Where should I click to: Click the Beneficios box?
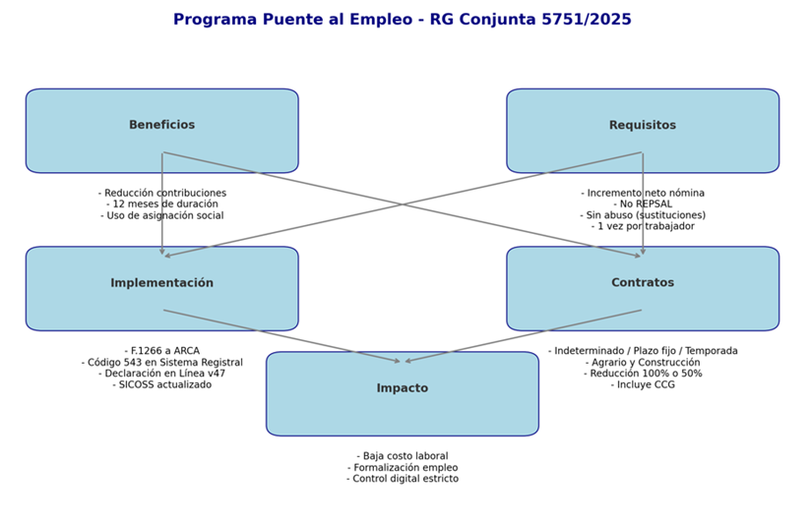(161, 126)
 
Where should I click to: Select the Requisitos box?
(642, 126)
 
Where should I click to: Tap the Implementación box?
(161, 283)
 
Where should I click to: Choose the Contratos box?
(642, 283)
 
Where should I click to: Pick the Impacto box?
(402, 389)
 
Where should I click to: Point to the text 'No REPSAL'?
(643, 204)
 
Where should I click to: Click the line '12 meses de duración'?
(162, 204)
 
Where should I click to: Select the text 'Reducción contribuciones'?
(162, 194)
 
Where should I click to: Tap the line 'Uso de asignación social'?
(162, 215)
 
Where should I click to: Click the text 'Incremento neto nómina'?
(643, 194)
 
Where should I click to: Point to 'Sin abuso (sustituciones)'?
(643, 215)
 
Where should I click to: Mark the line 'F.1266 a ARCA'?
(162, 351)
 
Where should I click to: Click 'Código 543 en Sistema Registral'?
(162, 363)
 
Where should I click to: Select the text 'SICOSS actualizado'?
(162, 384)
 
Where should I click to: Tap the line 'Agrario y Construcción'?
(643, 363)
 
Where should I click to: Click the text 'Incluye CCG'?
(643, 384)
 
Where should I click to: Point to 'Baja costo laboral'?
(403, 456)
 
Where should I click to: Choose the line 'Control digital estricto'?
(403, 479)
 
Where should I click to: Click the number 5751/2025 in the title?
(588, 20)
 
